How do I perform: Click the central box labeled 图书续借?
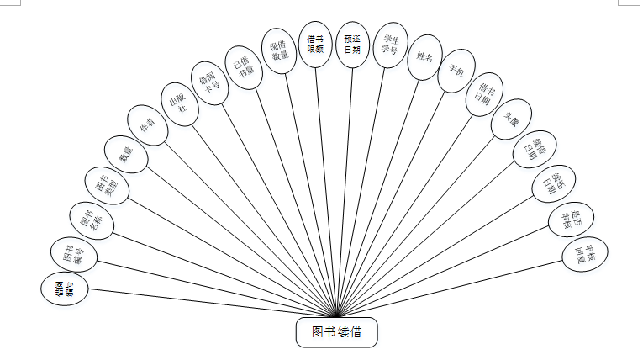[337, 331]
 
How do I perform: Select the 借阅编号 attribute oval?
[64, 289]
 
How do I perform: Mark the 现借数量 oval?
[280, 50]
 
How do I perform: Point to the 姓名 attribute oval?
[424, 60]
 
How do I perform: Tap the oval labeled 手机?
[456, 74]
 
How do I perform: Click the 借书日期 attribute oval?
[485, 95]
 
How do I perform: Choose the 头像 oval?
[511, 122]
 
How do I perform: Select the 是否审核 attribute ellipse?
[571, 220]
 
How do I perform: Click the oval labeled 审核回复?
[585, 253]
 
